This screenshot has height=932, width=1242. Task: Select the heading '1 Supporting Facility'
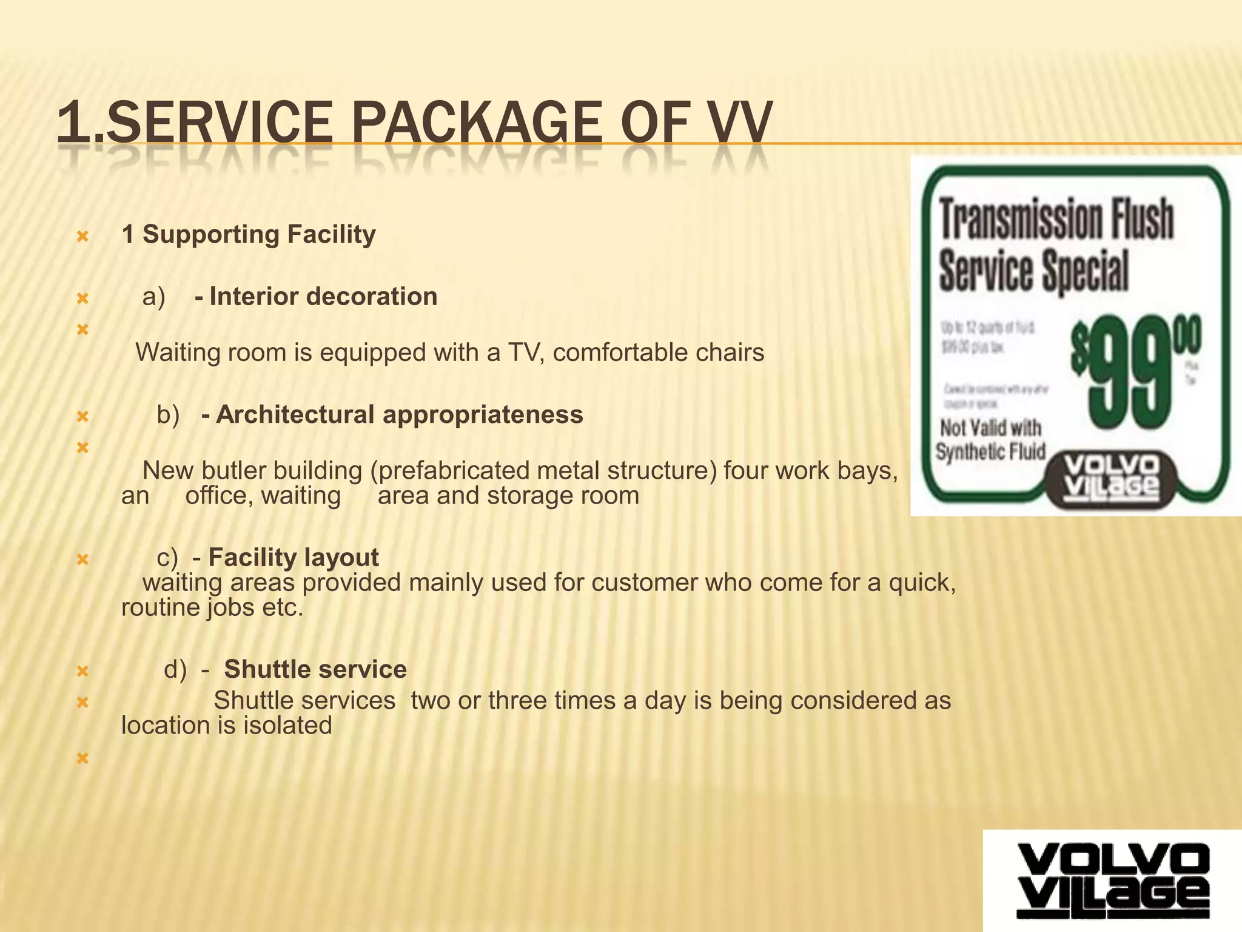[x=249, y=234]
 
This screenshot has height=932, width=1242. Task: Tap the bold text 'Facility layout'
[x=294, y=557]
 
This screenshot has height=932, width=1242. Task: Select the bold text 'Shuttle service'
[x=315, y=669]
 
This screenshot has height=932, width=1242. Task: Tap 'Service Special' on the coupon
[x=1034, y=271]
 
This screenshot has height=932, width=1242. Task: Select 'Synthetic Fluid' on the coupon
[x=991, y=452]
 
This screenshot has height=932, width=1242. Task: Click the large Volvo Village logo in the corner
[x=1112, y=880]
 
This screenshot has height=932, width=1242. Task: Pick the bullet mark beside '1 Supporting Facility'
[x=83, y=236]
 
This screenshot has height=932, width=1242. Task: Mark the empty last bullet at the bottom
[x=83, y=758]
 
